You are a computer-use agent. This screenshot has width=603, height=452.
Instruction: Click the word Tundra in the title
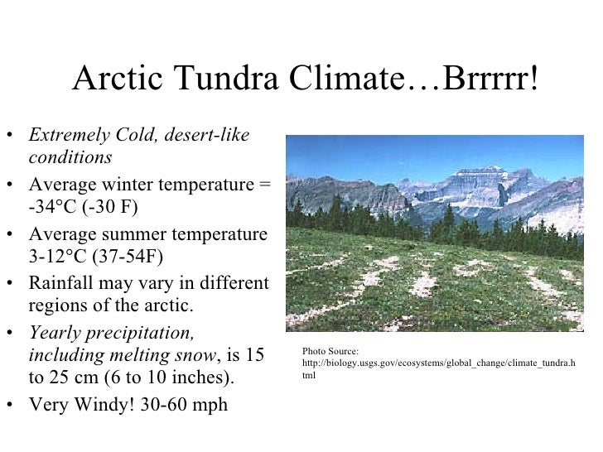223,79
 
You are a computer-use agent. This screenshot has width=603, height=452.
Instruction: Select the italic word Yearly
56,333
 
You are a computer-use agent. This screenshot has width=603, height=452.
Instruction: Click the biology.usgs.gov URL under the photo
438,363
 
